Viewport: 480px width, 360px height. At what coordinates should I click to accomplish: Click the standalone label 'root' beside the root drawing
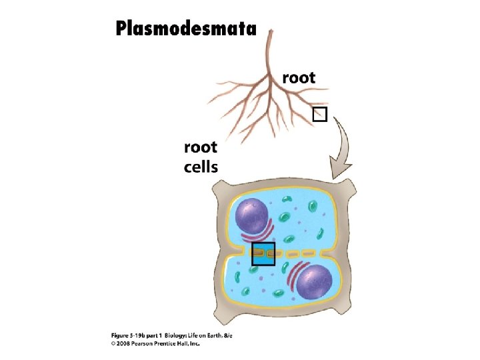(x=299, y=77)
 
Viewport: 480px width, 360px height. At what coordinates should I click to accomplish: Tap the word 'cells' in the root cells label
(x=201, y=165)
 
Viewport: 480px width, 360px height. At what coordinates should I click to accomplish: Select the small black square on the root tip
(x=320, y=114)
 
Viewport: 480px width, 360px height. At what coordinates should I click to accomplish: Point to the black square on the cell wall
(x=263, y=253)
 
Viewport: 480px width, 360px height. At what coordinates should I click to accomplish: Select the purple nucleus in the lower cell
(x=313, y=281)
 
